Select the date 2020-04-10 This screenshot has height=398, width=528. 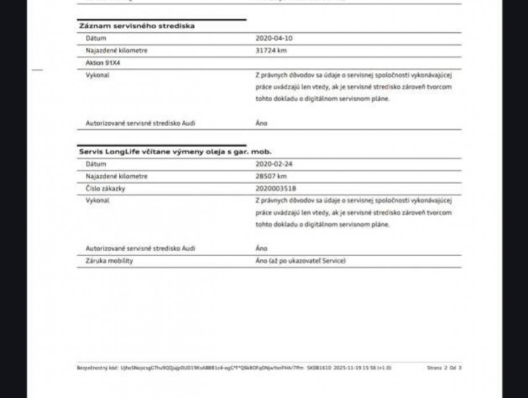[x=274, y=38]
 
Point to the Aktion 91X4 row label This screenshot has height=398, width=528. [x=103, y=63]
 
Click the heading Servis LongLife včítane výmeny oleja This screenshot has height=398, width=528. [x=174, y=152]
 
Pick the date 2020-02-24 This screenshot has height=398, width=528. [x=274, y=164]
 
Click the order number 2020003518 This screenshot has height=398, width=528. [x=276, y=188]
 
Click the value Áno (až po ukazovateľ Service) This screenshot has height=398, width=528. [x=300, y=260]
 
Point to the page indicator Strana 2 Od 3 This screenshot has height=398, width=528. [x=444, y=368]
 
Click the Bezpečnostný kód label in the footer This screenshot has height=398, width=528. [x=90, y=368]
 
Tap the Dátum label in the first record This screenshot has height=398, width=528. [x=96, y=38]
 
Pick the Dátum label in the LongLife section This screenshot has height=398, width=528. [x=96, y=164]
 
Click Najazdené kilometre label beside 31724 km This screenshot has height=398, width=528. [x=116, y=51]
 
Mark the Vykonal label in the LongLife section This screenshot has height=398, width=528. [x=97, y=200]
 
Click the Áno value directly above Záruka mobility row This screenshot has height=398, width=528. [x=261, y=248]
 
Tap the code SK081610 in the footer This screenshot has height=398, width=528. [x=320, y=368]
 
